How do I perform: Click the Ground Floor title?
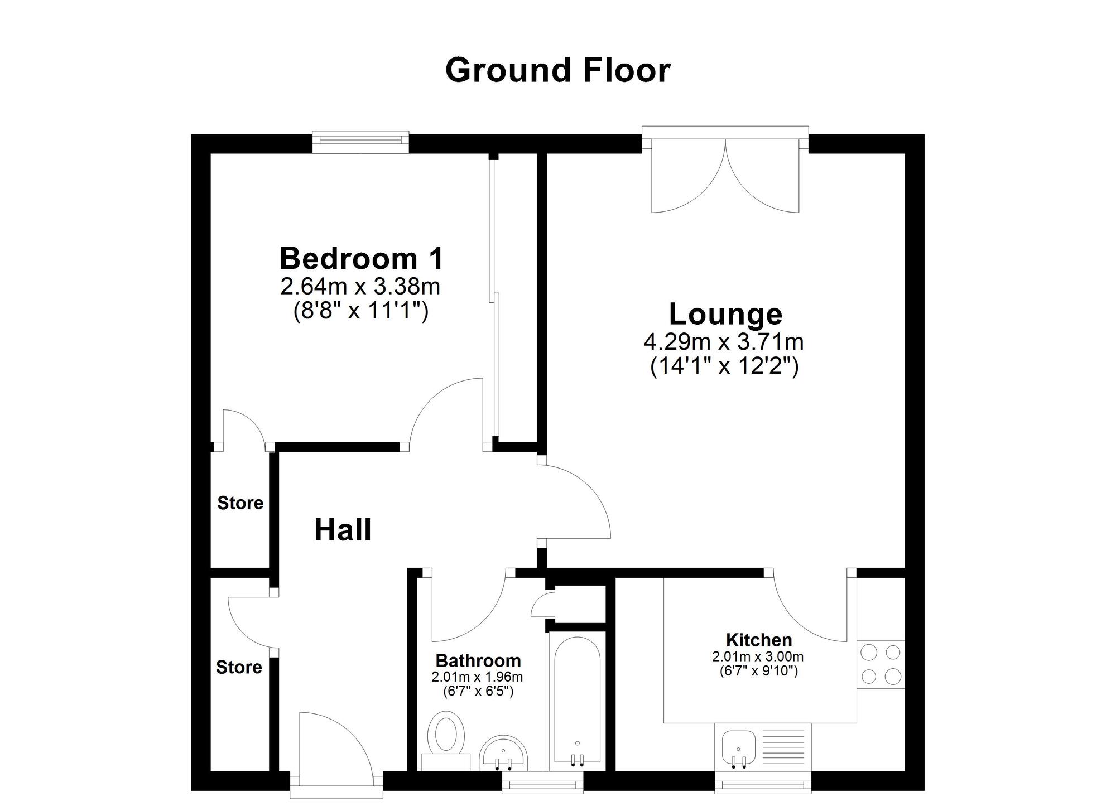point(557,71)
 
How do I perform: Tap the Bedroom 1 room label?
point(362,259)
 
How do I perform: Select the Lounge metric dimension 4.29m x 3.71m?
point(724,341)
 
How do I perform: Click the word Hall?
point(343,530)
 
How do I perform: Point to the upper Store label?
point(240,503)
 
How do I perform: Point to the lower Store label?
point(239,667)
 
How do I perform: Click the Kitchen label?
point(759,640)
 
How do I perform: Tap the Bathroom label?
point(478,661)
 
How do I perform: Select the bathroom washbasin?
point(504,753)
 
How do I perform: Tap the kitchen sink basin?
point(738,748)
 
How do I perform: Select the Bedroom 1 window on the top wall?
point(360,142)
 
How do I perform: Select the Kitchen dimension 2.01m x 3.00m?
point(758,657)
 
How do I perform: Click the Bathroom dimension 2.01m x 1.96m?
point(477,678)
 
